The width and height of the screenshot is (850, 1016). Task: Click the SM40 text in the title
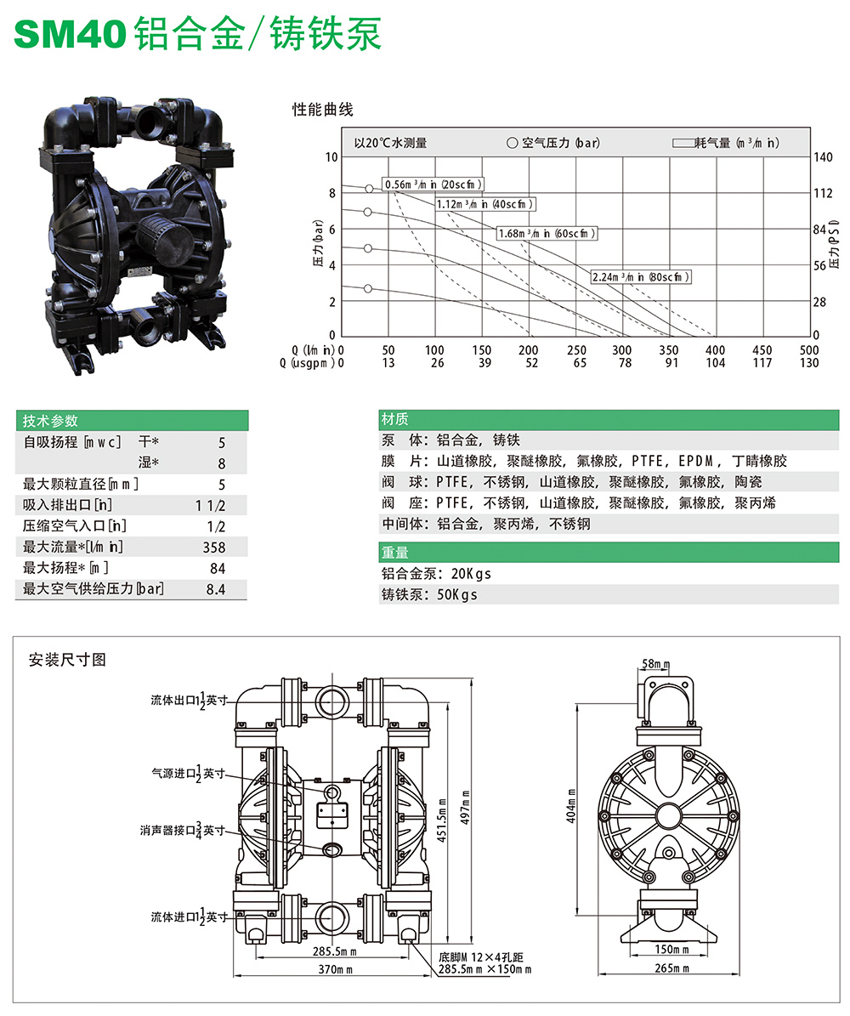click(71, 35)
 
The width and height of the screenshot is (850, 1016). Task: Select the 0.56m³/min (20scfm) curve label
click(433, 184)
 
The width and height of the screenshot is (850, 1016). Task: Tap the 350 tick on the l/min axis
click(669, 349)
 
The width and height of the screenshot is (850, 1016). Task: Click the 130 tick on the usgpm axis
click(809, 363)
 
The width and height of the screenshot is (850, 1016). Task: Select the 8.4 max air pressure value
click(215, 589)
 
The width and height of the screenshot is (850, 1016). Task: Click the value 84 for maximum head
click(218, 568)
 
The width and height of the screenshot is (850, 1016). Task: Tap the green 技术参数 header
click(50, 420)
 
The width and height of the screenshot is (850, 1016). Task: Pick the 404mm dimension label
click(572, 804)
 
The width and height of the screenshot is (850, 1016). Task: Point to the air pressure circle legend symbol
click(512, 143)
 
